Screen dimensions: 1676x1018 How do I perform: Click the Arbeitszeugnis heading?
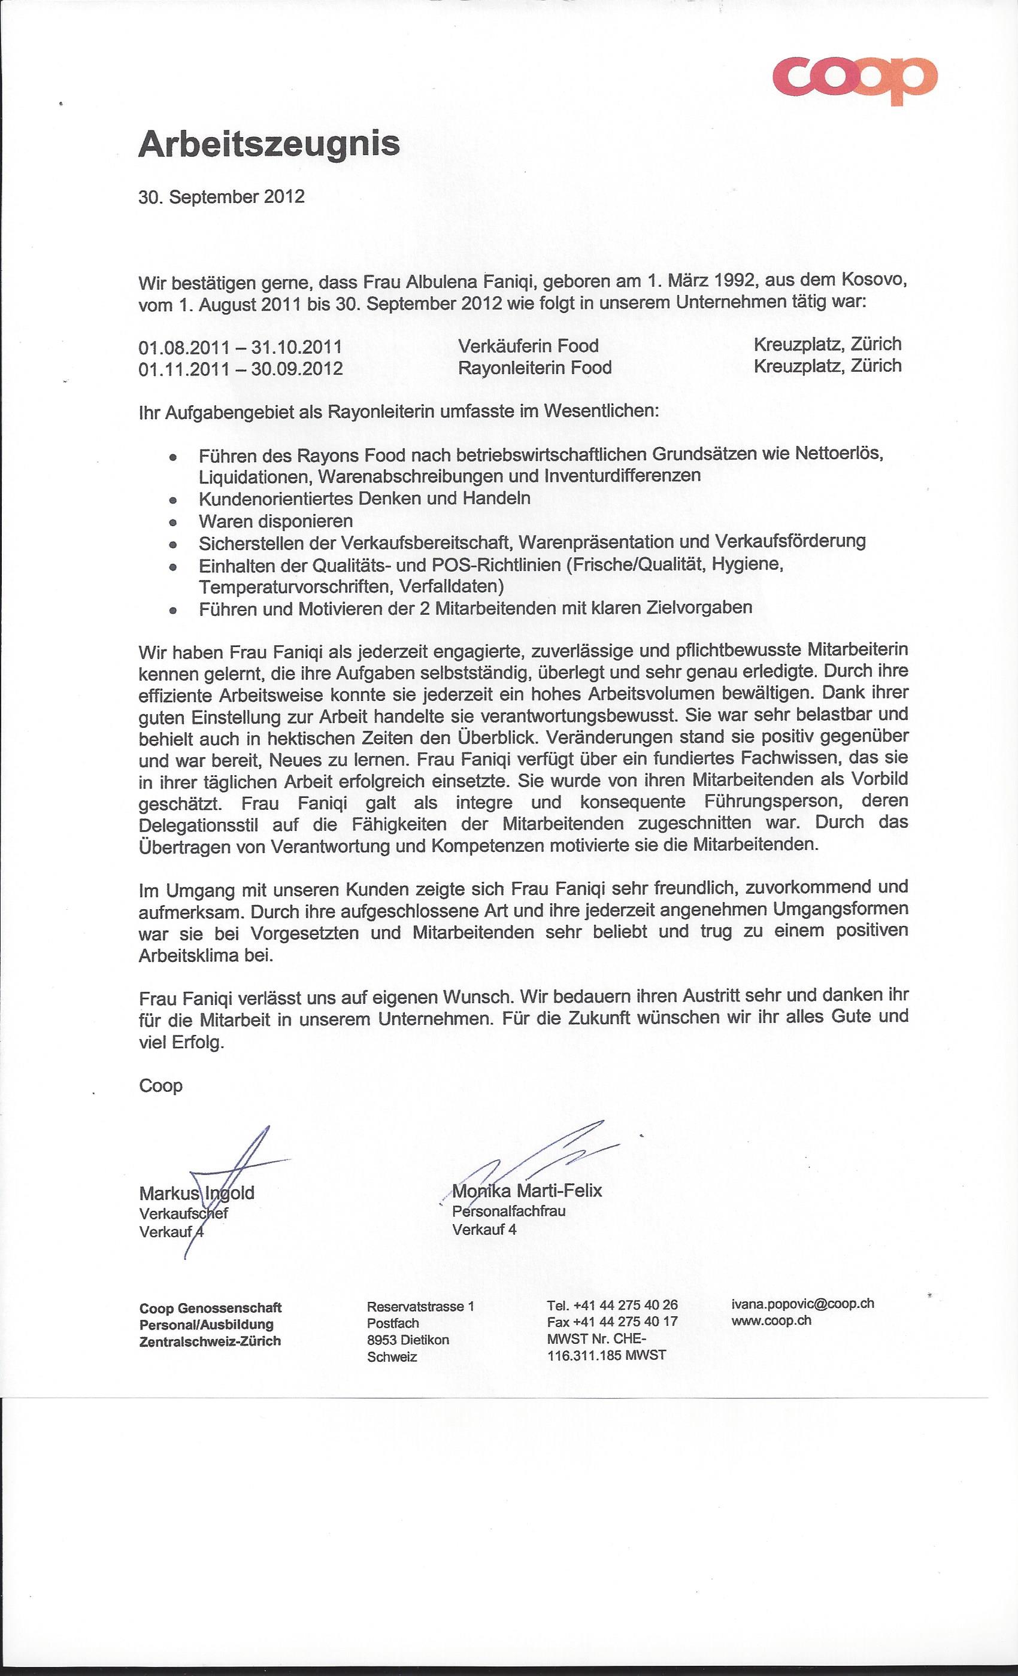click(269, 144)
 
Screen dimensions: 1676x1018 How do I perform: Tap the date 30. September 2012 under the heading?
click(221, 198)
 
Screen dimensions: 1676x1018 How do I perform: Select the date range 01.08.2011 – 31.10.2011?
click(240, 347)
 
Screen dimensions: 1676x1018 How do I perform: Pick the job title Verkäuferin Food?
click(528, 345)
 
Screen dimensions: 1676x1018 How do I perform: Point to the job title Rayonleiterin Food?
click(535, 368)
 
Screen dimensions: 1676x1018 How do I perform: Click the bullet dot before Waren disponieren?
click(174, 523)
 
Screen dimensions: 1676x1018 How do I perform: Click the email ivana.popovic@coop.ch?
click(802, 1303)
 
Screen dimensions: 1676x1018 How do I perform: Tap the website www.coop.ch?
click(771, 1320)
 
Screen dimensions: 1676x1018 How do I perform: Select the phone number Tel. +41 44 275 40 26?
click(612, 1305)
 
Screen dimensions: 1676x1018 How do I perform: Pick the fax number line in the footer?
click(612, 1321)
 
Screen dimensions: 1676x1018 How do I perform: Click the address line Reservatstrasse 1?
click(420, 1306)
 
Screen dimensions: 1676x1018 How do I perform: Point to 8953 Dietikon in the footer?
click(408, 1340)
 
